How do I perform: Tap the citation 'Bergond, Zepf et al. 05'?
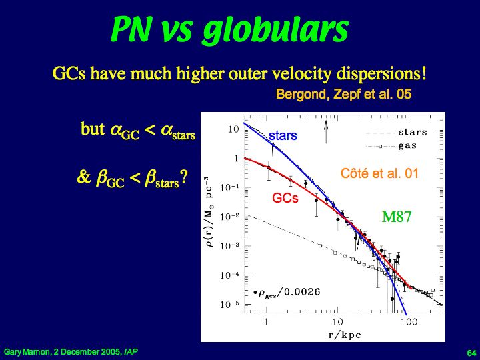coord(343,95)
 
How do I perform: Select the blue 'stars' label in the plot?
coord(283,136)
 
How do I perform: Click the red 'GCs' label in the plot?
coord(285,198)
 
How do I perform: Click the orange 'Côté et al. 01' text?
coord(379,175)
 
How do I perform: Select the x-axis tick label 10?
coord(337,321)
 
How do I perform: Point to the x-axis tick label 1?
coord(267,321)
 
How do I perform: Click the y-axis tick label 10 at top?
coord(233,129)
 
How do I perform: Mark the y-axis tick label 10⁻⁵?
coord(232,305)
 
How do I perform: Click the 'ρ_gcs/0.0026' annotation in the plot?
coord(281,292)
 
